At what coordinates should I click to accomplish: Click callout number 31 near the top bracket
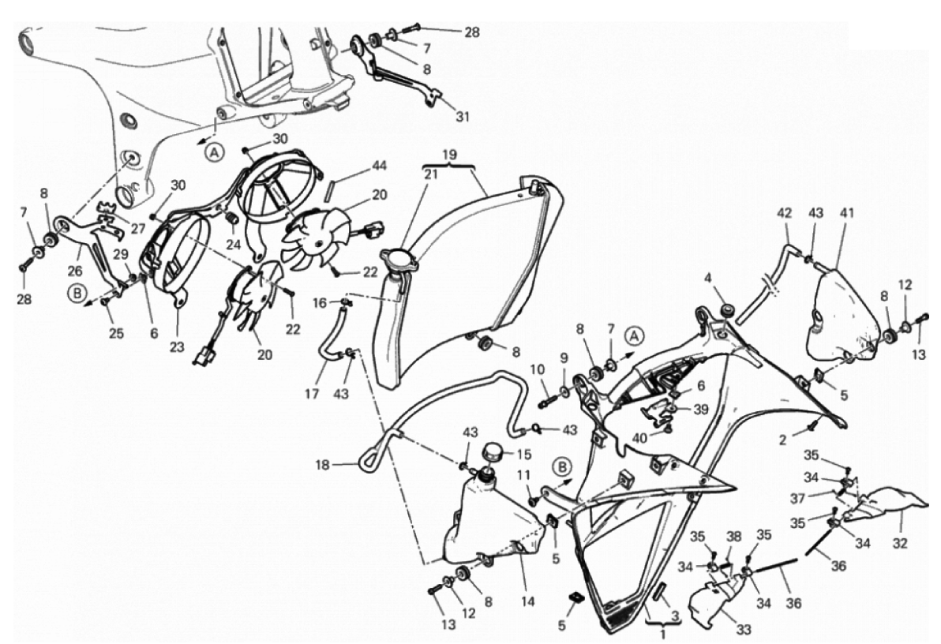coord(462,117)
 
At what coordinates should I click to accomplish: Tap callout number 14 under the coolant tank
coord(527,601)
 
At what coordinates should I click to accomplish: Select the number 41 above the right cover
coord(847,213)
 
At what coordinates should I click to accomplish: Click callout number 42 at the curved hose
coord(784,213)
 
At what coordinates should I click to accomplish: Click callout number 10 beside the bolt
coord(537,369)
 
